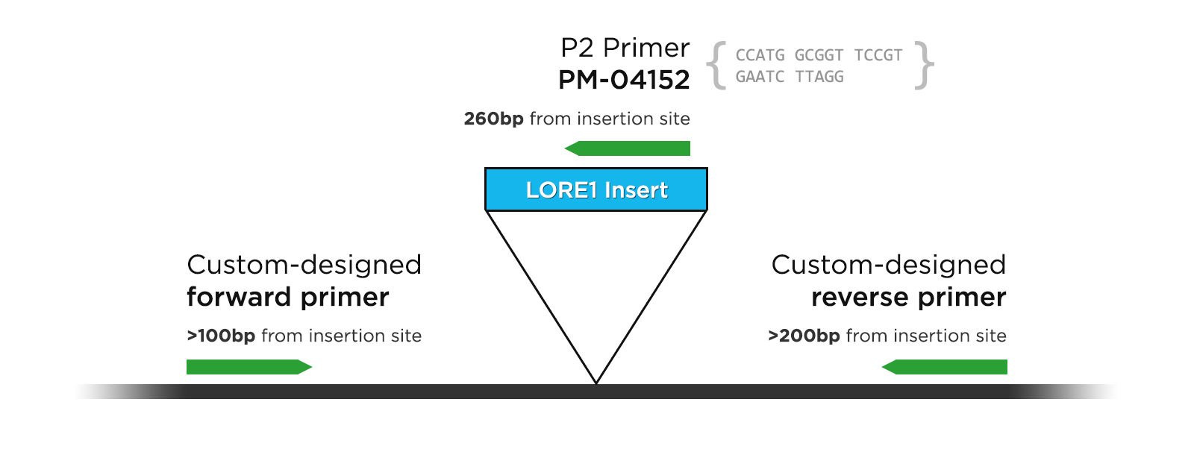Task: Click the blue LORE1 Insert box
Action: (x=596, y=189)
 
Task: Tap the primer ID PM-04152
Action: (x=624, y=80)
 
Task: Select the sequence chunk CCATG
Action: (x=760, y=55)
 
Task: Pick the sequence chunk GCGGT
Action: (x=819, y=55)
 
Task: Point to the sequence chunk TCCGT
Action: (x=878, y=55)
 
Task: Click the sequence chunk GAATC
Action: (x=760, y=77)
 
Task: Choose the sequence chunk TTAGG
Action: (x=819, y=77)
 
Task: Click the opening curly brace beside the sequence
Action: (x=717, y=66)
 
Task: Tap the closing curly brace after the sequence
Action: (x=925, y=66)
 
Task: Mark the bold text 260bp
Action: (x=493, y=119)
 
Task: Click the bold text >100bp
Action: (x=221, y=336)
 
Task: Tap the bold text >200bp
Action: (x=804, y=336)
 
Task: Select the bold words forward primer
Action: (x=287, y=297)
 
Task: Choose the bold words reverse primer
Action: (x=908, y=297)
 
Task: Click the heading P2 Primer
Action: (x=625, y=48)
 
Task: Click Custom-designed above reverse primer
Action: (x=888, y=265)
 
